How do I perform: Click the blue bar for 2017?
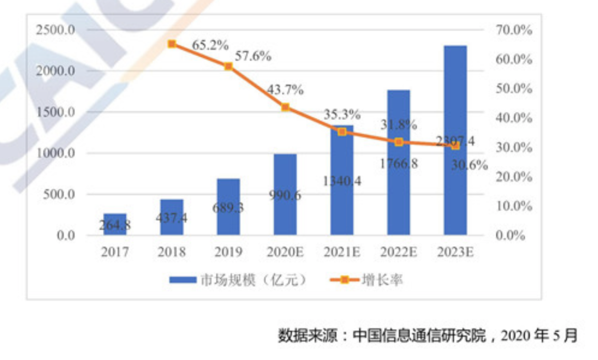[115, 224]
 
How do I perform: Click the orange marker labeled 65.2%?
[172, 44]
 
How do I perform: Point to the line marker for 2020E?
[285, 107]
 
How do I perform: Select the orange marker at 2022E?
[398, 142]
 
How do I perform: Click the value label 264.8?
[115, 225]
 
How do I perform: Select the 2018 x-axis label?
[172, 252]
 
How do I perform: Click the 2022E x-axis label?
[398, 252]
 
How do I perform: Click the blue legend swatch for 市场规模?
[183, 280]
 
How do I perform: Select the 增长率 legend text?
[382, 280]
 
